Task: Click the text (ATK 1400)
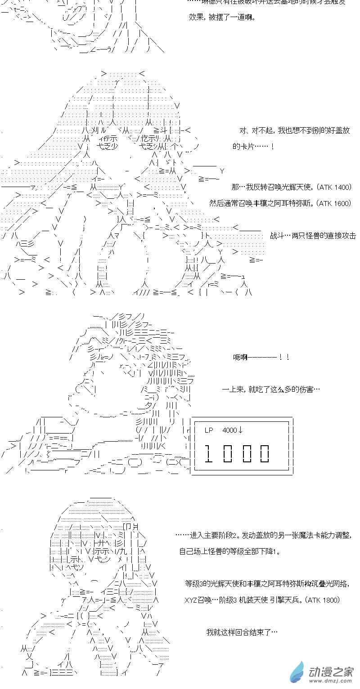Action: [334, 187]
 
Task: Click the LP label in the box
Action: [209, 430]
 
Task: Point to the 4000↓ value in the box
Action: [232, 430]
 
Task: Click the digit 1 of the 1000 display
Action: [208, 453]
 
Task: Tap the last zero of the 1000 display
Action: [264, 453]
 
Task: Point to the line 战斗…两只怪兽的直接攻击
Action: [313, 235]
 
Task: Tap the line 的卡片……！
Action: [253, 147]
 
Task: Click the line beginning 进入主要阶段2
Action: [263, 535]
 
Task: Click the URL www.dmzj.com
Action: [330, 681]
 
